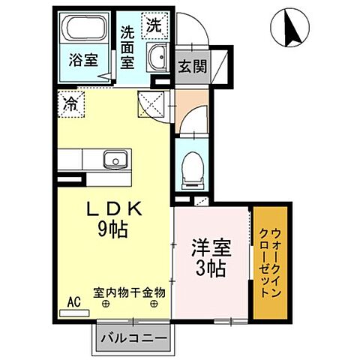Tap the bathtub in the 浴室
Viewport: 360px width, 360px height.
[85, 31]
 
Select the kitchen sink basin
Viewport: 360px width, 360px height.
[115, 158]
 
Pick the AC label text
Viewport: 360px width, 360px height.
[73, 301]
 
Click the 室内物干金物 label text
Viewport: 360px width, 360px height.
[129, 292]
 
